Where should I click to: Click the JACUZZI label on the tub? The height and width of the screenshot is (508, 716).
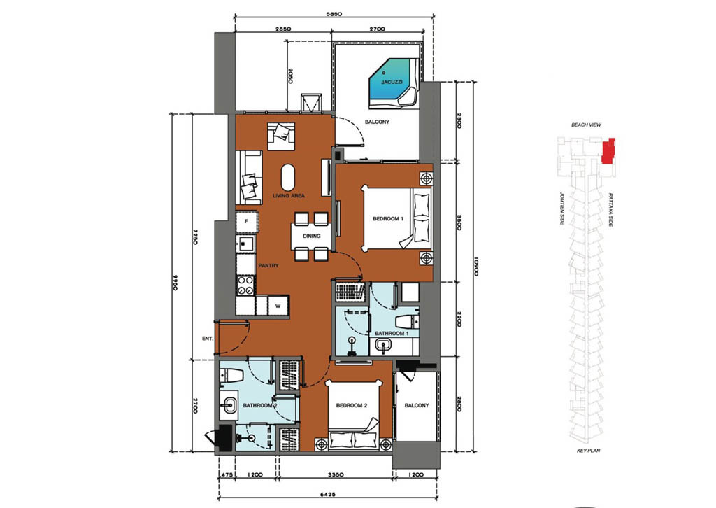click(x=392, y=83)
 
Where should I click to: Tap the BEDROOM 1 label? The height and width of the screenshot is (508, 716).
click(x=388, y=219)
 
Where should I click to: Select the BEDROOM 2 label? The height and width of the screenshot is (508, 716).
click(x=352, y=405)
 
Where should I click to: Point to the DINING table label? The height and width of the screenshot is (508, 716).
click(x=311, y=237)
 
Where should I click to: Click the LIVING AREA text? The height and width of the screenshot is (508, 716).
click(x=289, y=195)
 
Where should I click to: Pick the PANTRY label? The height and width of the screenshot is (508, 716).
click(x=268, y=265)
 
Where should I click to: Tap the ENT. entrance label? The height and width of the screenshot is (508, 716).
click(x=208, y=339)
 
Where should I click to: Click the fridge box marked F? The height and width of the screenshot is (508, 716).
click(x=247, y=222)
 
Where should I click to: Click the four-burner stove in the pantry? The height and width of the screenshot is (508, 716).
click(x=246, y=285)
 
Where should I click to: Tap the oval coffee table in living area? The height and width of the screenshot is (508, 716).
click(x=287, y=177)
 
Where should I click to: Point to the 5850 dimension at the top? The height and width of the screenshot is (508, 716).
click(x=334, y=14)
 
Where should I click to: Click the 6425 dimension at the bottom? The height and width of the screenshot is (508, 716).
click(x=327, y=494)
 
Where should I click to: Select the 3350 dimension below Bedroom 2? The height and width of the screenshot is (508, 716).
click(x=336, y=474)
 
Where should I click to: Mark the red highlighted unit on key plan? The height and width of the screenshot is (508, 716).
click(x=608, y=150)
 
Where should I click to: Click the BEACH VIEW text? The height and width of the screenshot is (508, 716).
click(x=587, y=125)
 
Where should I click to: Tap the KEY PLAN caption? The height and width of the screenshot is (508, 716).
click(x=588, y=451)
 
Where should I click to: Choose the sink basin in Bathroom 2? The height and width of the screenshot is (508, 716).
click(x=229, y=404)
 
